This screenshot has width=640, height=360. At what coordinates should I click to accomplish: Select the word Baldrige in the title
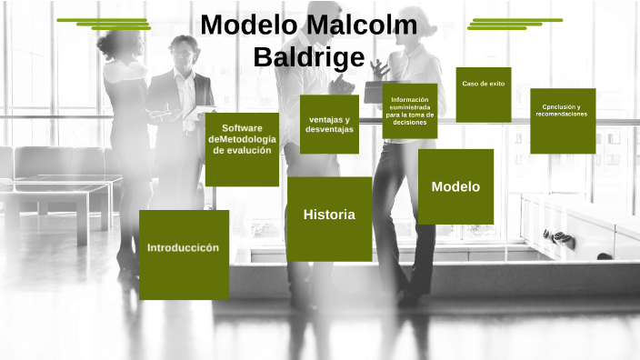(x=308, y=57)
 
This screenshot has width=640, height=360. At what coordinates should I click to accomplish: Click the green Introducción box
(x=184, y=254)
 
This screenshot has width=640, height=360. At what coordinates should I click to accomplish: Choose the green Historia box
(x=329, y=219)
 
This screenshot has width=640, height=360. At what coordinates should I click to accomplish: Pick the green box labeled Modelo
(x=455, y=186)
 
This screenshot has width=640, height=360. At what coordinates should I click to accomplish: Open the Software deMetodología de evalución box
(x=241, y=149)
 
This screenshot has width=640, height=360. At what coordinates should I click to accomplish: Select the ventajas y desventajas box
(x=329, y=124)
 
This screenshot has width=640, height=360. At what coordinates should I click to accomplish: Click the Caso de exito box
(x=483, y=95)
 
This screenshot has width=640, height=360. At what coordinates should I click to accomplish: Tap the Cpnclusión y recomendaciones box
(x=562, y=120)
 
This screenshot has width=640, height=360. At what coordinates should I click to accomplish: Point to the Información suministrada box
(x=409, y=111)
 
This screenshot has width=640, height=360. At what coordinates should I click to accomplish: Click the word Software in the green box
(x=241, y=127)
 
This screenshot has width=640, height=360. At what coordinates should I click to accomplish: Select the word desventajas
(x=329, y=129)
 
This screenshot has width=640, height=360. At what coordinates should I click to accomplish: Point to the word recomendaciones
(x=562, y=115)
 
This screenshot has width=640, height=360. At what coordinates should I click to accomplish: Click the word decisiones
(x=409, y=123)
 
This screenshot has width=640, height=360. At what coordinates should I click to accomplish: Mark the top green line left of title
(x=102, y=19)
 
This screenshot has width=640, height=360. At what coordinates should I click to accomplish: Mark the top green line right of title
(x=517, y=19)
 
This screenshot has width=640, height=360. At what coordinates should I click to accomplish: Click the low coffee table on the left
(x=55, y=195)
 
